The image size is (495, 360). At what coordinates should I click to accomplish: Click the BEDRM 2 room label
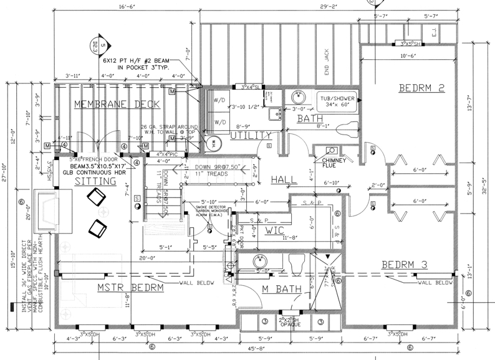pos(421,88)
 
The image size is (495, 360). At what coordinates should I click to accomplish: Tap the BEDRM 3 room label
pos(405,264)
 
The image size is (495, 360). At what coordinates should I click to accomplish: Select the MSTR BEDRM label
pos(130,288)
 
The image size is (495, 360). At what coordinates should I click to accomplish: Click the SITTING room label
pos(96,181)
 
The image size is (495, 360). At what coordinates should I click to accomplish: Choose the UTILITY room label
pos(251,135)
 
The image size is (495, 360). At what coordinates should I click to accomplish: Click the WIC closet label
pos(274,230)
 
